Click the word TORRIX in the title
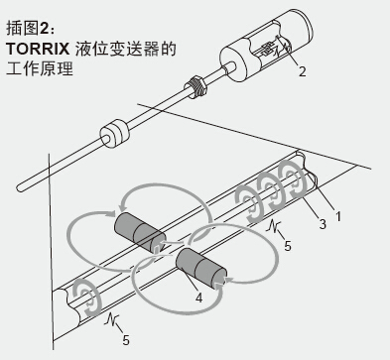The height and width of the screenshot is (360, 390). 38,50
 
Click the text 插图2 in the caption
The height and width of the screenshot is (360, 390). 28,29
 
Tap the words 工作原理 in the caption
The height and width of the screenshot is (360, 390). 40,68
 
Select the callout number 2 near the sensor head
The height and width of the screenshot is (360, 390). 302,71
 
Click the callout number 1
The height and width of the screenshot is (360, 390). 338,217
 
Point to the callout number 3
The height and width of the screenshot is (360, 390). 323,224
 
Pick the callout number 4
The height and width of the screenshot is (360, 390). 198,298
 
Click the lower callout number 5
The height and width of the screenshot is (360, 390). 126,340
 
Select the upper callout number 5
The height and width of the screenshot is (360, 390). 288,246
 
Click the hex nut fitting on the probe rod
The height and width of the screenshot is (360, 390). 195,87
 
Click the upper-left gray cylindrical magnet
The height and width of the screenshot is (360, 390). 139,232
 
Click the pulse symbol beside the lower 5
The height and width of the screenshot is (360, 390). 111,319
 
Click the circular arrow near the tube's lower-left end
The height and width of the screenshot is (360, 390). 86,298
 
